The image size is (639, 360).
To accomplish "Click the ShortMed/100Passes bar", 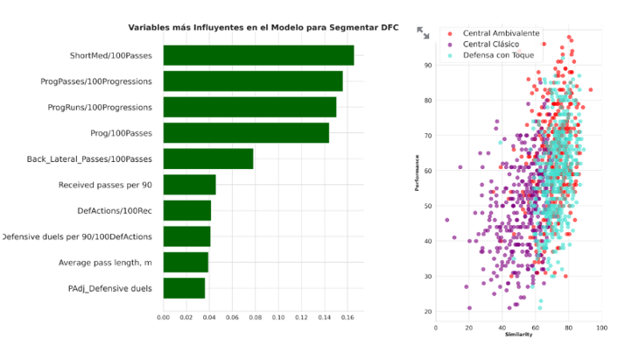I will point(258,55).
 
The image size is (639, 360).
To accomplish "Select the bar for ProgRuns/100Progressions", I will point(249,107).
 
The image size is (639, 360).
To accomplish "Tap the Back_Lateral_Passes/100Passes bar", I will point(208,159).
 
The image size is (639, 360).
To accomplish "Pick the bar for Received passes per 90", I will point(189,185).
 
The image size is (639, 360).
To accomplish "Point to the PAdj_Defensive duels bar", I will point(184,288).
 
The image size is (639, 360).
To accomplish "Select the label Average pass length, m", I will point(105,263).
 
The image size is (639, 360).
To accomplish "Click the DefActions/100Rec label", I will point(115,211).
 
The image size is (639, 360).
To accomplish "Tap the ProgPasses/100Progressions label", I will point(96,81).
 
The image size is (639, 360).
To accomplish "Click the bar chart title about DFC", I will point(263,28).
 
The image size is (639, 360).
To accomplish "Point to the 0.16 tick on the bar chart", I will point(347,316).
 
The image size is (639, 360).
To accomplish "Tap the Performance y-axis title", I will point(417,173).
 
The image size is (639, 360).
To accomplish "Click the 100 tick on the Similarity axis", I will point(601,327).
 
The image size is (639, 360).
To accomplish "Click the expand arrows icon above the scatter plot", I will point(423,32).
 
